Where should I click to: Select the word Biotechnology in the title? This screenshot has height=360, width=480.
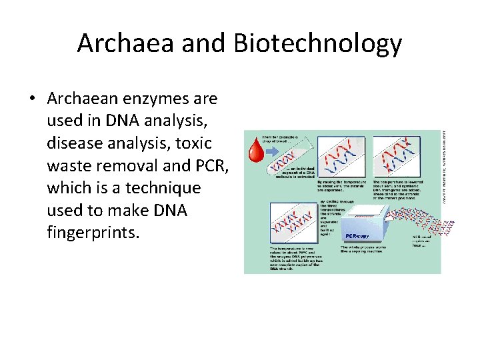317,44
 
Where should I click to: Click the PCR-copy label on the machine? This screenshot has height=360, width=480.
357,235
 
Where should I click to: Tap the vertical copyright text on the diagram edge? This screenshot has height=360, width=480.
445,160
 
